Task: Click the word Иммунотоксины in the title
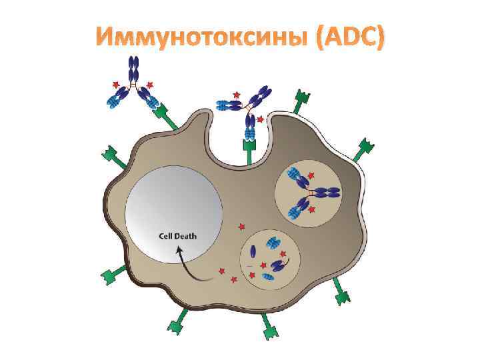point(200,41)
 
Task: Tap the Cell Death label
point(177,235)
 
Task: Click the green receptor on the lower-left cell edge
point(113,273)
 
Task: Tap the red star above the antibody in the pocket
point(236,95)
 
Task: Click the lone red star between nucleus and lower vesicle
point(241,227)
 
